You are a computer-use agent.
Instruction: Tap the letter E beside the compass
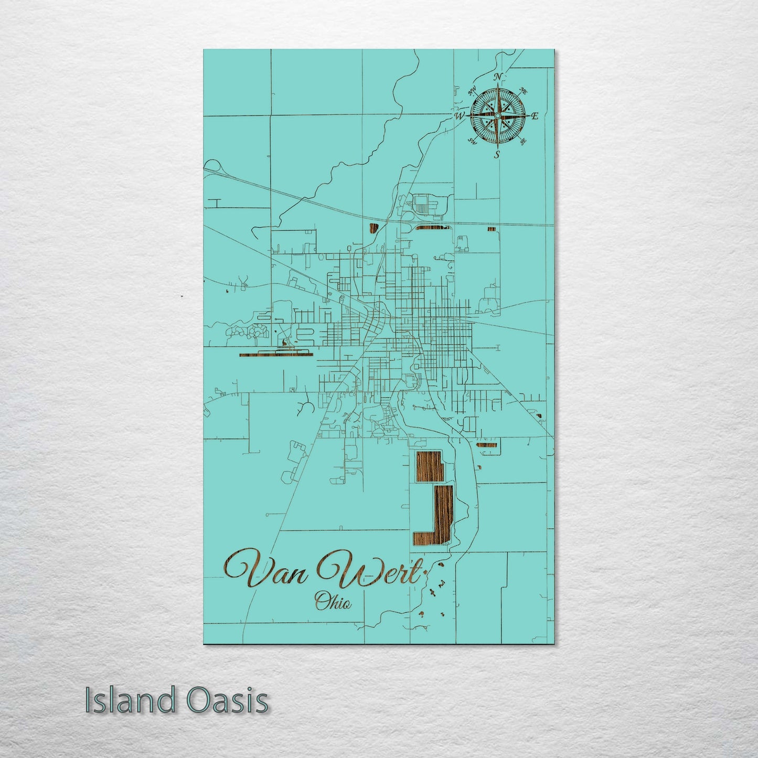[x=535, y=116]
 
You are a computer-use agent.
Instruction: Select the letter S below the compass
[x=497, y=154]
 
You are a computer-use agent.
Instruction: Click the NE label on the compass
[x=523, y=90]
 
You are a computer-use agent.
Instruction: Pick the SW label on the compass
[x=472, y=141]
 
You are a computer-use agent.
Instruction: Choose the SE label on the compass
[x=522, y=141]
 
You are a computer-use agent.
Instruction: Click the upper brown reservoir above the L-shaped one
[x=429, y=466]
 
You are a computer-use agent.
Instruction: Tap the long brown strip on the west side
[x=275, y=355]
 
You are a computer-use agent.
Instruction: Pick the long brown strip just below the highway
[x=432, y=228]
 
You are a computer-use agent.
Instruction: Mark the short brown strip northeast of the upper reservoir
[x=487, y=445]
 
